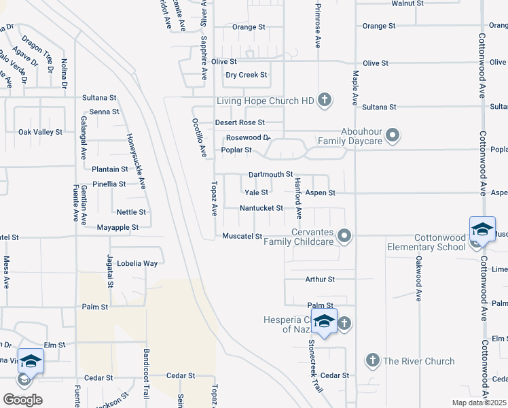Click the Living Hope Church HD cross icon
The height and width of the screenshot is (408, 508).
point(325,101)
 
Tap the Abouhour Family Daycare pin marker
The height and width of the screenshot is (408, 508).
point(393,136)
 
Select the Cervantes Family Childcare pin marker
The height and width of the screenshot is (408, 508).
point(345,236)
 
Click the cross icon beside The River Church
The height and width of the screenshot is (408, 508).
point(371,360)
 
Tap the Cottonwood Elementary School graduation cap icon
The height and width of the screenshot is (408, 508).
point(482,229)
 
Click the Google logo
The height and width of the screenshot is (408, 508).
point(22,400)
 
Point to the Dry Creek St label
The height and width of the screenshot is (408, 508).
point(247,75)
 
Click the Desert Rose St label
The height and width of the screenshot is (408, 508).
point(240,122)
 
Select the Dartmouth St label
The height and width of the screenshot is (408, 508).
point(270,175)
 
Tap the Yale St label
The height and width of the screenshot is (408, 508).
point(256,192)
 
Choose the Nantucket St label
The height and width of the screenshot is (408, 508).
point(261,207)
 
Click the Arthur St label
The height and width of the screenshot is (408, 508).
point(320,279)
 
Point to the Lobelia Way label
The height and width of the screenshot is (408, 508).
point(137,263)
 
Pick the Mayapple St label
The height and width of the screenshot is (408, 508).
point(117,227)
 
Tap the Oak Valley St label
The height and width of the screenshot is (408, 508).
point(40,132)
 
